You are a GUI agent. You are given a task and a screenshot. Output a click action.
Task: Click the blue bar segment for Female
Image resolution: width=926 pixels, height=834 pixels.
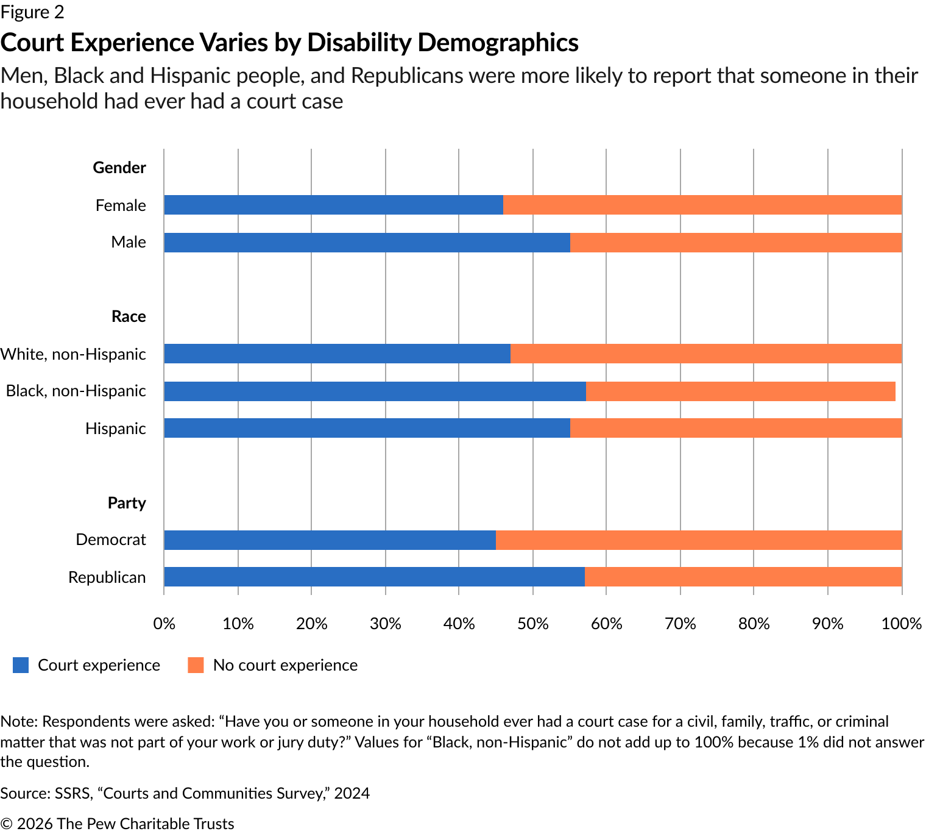[x=333, y=205]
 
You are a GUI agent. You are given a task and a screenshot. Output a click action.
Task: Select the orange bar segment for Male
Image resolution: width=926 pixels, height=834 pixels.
[x=735, y=243]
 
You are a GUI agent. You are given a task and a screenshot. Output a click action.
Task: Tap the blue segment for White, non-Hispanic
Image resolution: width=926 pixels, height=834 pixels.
[x=337, y=354]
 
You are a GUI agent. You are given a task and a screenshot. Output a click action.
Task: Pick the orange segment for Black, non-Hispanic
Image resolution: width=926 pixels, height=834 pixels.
[x=740, y=391]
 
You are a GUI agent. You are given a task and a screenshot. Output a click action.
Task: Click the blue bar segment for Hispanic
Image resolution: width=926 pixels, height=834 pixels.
[x=367, y=428]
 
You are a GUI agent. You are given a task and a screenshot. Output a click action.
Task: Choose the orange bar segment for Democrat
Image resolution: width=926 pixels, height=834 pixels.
[x=698, y=540]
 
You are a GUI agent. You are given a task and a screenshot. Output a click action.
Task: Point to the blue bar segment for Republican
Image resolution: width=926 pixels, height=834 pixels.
[x=374, y=577]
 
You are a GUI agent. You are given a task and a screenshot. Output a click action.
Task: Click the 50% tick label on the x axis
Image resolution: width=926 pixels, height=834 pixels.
[x=532, y=624]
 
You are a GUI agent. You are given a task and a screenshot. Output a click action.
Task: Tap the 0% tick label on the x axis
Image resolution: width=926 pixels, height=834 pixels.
[x=164, y=624]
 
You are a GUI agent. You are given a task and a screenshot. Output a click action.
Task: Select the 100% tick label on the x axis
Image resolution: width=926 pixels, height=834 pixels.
[x=902, y=624]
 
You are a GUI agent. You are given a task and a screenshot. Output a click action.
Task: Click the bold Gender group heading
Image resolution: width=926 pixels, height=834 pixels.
[x=119, y=168]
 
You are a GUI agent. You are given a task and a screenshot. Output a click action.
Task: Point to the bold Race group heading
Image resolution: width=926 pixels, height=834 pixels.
[x=129, y=316]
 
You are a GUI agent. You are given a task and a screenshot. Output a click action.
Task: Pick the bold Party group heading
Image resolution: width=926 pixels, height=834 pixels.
[x=127, y=503]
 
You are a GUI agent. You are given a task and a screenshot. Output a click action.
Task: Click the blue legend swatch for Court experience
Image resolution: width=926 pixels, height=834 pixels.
[x=21, y=665]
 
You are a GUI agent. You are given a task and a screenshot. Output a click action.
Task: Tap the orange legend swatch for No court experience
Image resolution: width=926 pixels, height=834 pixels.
[x=196, y=665]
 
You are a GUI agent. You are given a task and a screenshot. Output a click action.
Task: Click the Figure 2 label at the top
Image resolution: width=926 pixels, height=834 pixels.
[x=32, y=12]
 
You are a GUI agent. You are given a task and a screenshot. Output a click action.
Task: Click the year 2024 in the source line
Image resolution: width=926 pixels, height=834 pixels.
[x=352, y=793]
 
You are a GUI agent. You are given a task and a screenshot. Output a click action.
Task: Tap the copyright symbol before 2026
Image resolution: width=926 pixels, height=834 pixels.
[x=7, y=824]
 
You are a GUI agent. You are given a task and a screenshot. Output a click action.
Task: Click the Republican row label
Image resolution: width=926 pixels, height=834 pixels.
[x=107, y=577]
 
